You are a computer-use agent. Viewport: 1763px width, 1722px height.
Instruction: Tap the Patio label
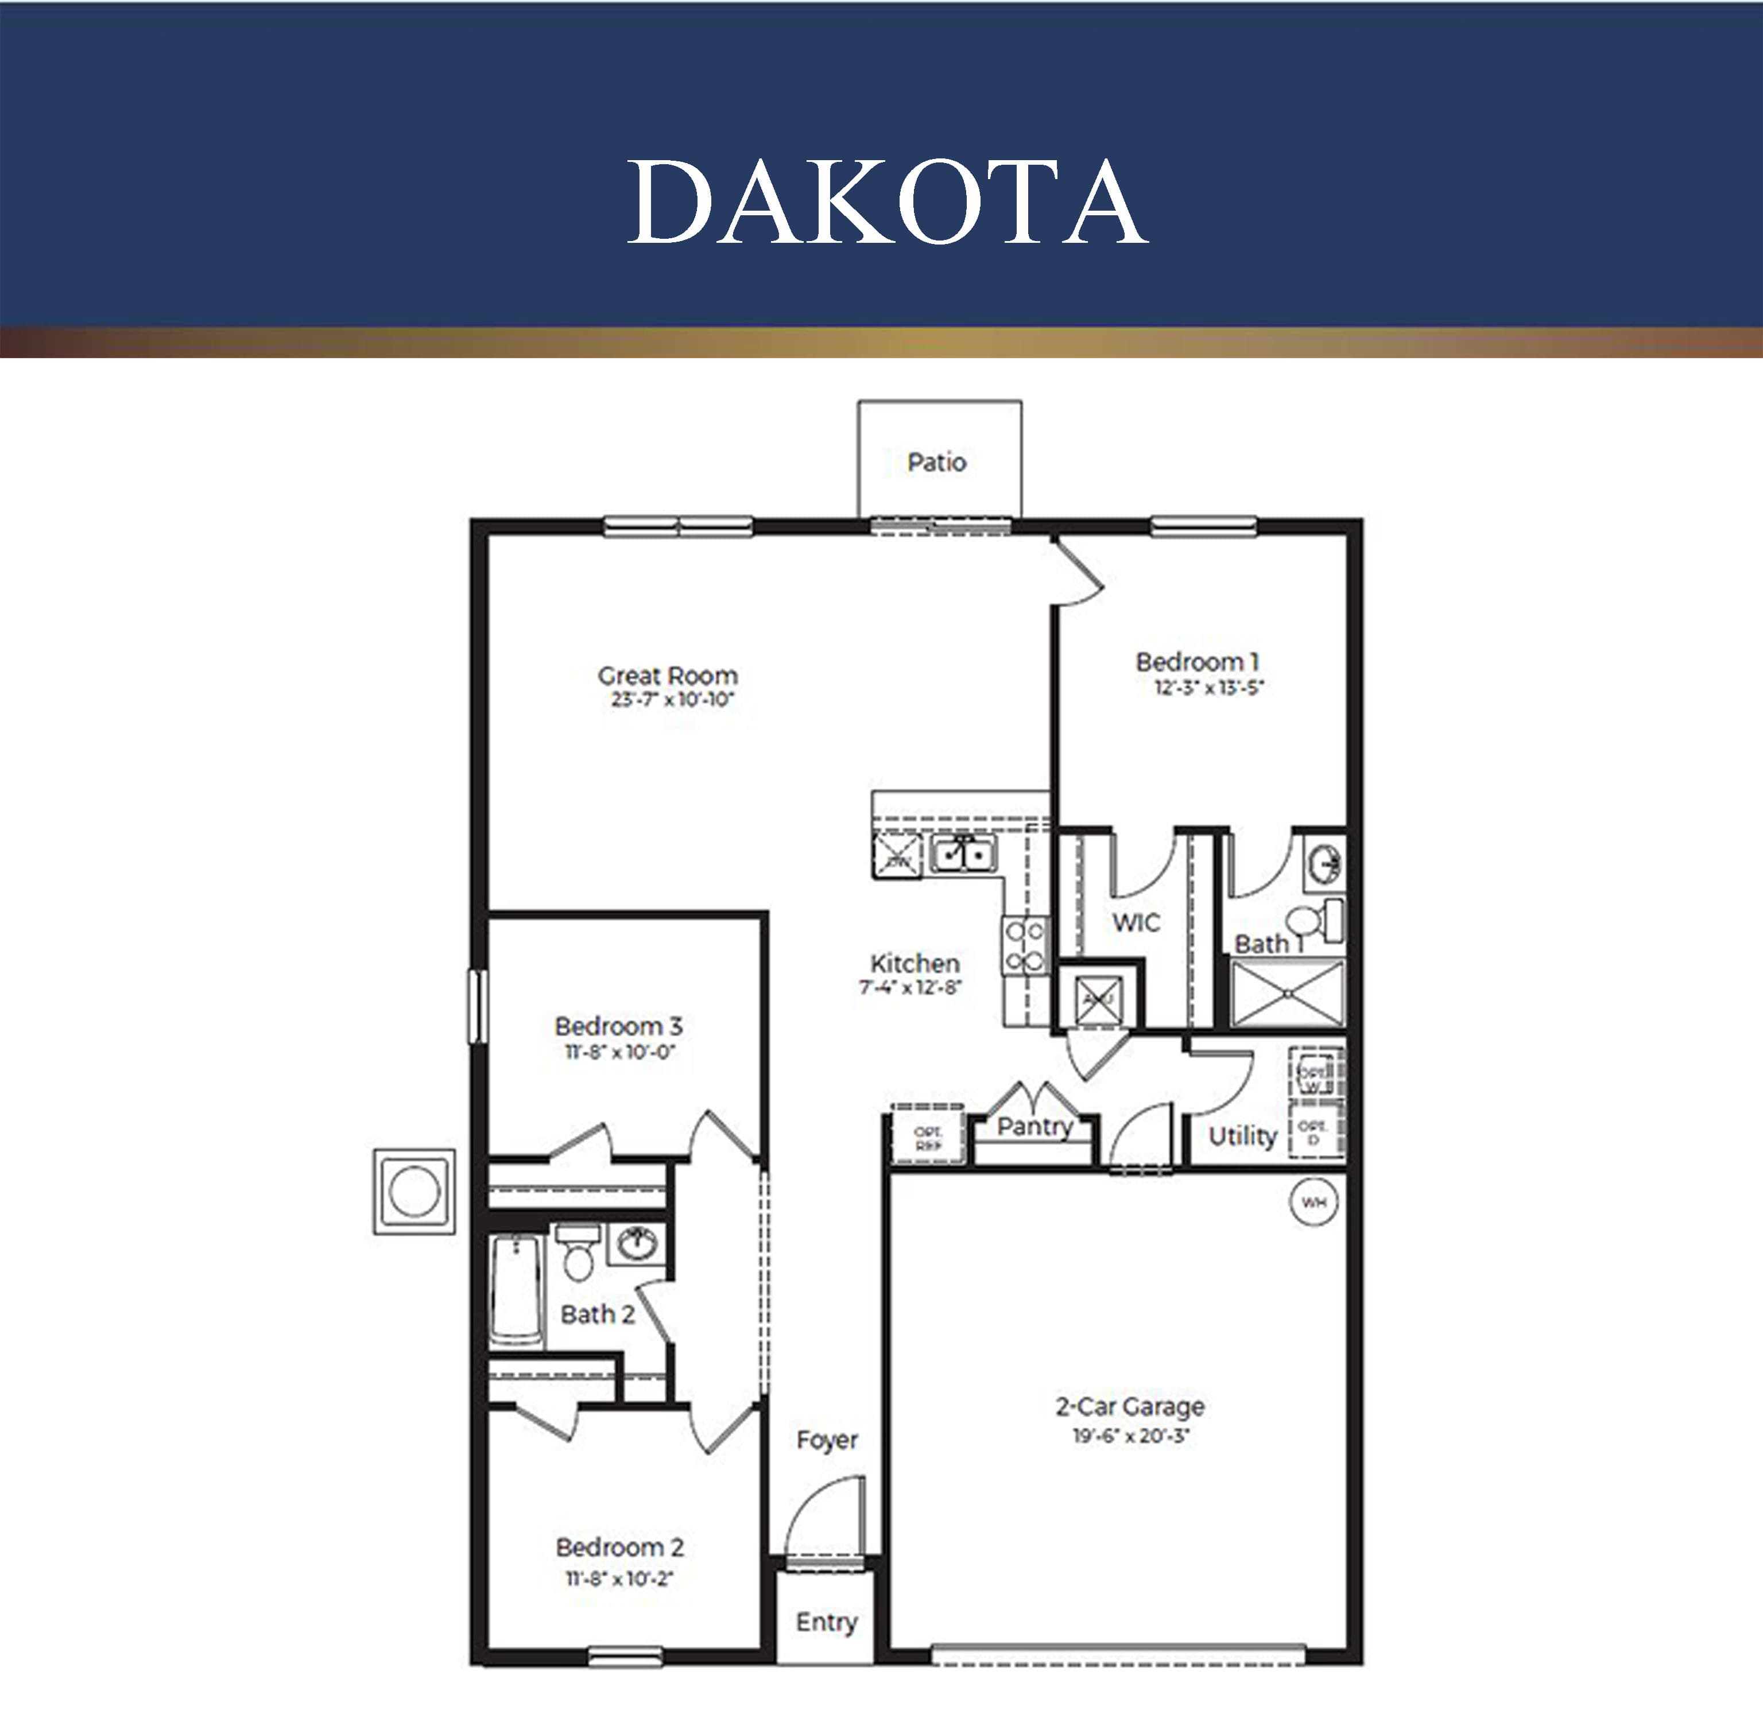(x=937, y=462)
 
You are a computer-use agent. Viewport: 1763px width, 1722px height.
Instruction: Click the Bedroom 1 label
(x=1197, y=661)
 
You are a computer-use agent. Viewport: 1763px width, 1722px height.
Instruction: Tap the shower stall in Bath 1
(x=1287, y=993)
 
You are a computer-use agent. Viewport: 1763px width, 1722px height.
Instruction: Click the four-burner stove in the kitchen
(x=1025, y=945)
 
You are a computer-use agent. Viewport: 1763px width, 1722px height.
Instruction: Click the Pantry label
(x=1035, y=1126)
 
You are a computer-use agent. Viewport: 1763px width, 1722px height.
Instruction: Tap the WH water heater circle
(x=1313, y=1202)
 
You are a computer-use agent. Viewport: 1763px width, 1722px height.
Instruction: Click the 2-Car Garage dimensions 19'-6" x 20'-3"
(x=1130, y=1436)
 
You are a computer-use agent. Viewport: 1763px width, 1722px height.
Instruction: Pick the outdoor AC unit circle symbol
(x=414, y=1191)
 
